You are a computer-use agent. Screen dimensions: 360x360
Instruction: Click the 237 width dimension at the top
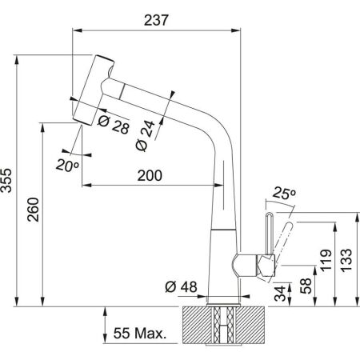click(x=158, y=22)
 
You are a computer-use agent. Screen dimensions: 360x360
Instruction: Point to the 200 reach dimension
click(x=149, y=176)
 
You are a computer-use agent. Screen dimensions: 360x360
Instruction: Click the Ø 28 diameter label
click(x=113, y=126)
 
